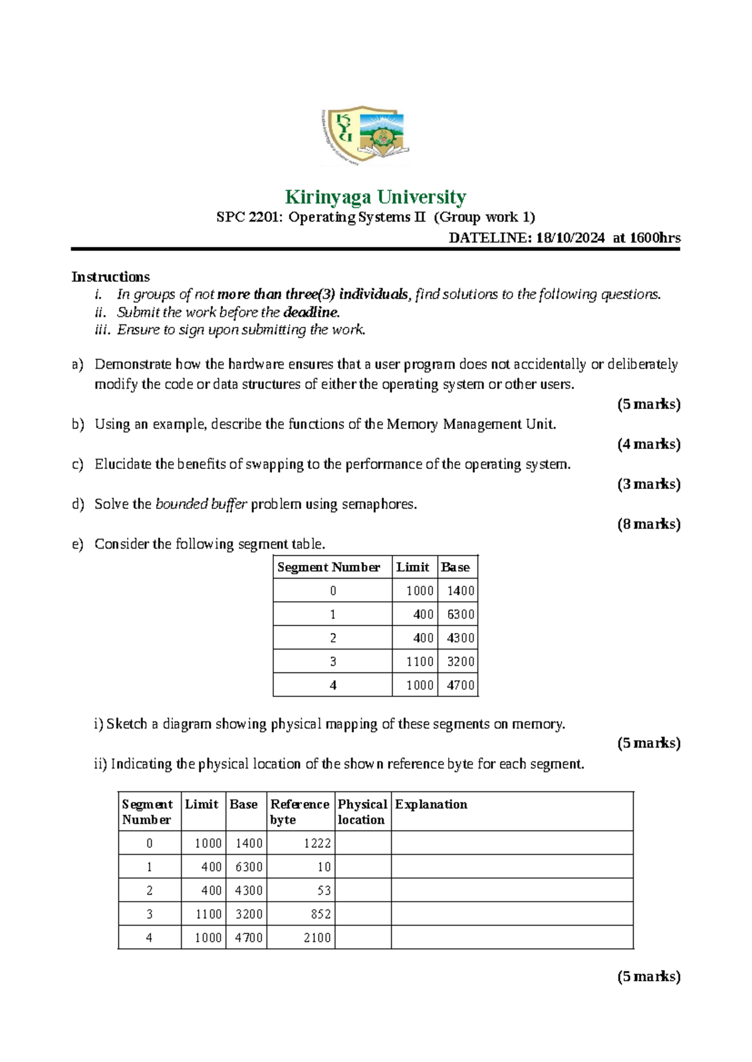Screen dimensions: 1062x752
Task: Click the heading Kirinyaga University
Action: point(375,197)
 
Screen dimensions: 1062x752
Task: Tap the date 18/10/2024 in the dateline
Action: point(570,238)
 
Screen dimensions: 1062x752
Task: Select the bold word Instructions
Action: point(110,277)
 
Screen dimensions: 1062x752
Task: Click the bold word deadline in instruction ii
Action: point(311,312)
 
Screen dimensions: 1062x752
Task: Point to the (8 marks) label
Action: point(649,524)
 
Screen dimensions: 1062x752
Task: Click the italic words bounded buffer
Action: point(201,504)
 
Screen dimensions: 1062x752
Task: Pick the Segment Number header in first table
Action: point(328,567)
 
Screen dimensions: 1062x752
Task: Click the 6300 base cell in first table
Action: point(461,614)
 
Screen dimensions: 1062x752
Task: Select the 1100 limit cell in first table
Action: point(419,662)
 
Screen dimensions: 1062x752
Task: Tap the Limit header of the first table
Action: point(412,567)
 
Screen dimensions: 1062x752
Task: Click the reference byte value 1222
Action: point(317,843)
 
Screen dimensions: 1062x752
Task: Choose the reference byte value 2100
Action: point(317,938)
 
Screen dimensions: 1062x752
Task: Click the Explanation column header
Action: point(431,805)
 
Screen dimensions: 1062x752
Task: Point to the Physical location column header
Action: point(362,812)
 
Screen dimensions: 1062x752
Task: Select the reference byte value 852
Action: point(320,914)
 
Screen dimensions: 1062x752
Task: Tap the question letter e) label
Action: point(78,544)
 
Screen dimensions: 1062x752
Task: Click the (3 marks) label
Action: point(649,484)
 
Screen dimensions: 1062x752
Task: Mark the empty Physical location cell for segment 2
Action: point(363,890)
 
